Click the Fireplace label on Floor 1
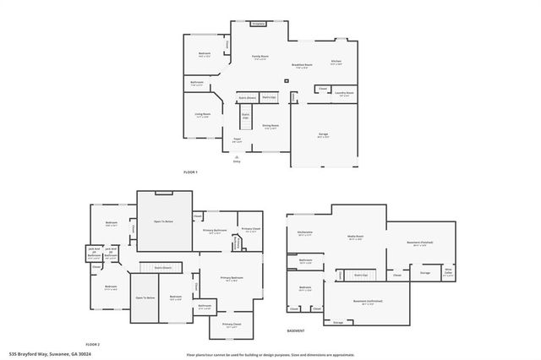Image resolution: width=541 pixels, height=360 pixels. [259, 24]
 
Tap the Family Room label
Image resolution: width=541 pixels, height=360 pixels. [260, 57]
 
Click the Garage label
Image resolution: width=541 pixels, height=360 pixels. [323, 134]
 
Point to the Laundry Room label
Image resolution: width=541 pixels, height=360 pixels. [344, 95]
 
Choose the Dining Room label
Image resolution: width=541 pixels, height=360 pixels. [271, 126]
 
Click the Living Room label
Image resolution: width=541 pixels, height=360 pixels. [203, 116]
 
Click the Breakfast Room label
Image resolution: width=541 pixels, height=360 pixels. [302, 64]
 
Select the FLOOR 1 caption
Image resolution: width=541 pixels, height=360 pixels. [190, 172]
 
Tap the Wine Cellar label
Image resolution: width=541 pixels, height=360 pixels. [449, 273]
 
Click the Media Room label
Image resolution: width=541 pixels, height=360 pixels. [355, 237]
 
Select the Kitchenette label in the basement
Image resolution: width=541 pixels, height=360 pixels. [305, 232]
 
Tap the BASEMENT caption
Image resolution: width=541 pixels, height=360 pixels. [296, 330]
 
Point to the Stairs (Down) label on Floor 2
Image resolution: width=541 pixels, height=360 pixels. [163, 267]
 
